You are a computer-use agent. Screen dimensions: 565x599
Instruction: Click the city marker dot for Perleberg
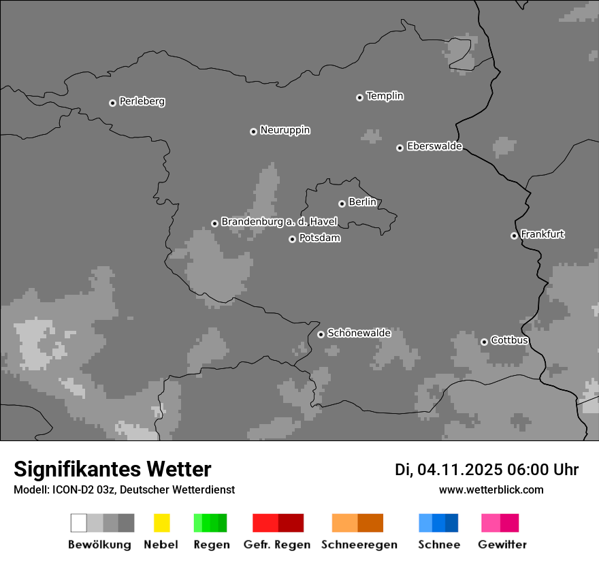point(112,103)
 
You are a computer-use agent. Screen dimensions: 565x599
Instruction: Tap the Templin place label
point(385,96)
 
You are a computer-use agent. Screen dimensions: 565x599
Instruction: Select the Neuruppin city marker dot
point(253,131)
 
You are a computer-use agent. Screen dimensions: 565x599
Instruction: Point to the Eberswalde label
point(434,146)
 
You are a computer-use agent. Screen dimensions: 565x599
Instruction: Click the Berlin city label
point(362,202)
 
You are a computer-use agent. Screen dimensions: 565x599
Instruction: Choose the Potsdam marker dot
point(292,239)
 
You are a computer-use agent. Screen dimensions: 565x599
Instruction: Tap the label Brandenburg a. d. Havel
point(279,222)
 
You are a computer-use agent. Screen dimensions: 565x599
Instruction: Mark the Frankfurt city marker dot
point(514,236)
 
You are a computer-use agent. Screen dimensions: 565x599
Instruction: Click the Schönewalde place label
point(359,334)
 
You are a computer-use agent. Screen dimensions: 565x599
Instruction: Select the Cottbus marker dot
point(484,342)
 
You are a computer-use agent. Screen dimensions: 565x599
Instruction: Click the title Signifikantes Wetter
point(112,469)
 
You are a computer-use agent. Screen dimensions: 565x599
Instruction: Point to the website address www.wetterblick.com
point(491,489)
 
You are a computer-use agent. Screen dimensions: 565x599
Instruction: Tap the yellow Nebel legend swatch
point(161,523)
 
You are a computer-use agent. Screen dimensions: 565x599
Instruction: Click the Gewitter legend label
point(502,545)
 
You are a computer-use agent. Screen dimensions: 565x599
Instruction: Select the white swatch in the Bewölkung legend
point(79,523)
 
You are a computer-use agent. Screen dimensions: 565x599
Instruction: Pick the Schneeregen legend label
point(359,545)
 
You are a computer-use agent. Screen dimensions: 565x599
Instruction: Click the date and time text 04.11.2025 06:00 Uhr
point(486,470)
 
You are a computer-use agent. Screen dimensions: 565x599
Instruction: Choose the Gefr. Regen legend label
point(276,545)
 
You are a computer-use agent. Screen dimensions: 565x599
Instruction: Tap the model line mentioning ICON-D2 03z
point(124,489)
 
